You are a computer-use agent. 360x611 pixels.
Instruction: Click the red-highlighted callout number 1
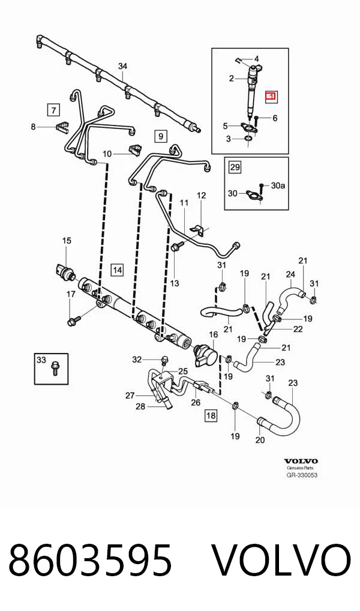tap(271, 96)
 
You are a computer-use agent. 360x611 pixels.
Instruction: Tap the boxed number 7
tap(53, 109)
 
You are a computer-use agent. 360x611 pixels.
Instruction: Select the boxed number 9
tap(161, 136)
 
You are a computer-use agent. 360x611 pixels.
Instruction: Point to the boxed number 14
tap(117, 269)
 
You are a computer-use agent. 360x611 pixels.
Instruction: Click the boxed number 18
tap(211, 415)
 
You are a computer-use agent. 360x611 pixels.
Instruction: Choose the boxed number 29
tap(235, 167)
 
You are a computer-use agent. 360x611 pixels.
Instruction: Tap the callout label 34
tap(123, 66)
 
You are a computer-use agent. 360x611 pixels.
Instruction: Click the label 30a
tap(278, 185)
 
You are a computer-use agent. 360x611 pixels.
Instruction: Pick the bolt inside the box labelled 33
tap(55, 368)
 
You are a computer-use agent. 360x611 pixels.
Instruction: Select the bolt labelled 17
tap(73, 321)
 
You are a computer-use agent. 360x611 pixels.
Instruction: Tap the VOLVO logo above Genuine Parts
tap(301, 462)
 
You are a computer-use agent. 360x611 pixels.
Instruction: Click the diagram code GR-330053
tap(302, 475)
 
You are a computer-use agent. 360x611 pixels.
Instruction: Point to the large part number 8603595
tap(90, 560)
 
